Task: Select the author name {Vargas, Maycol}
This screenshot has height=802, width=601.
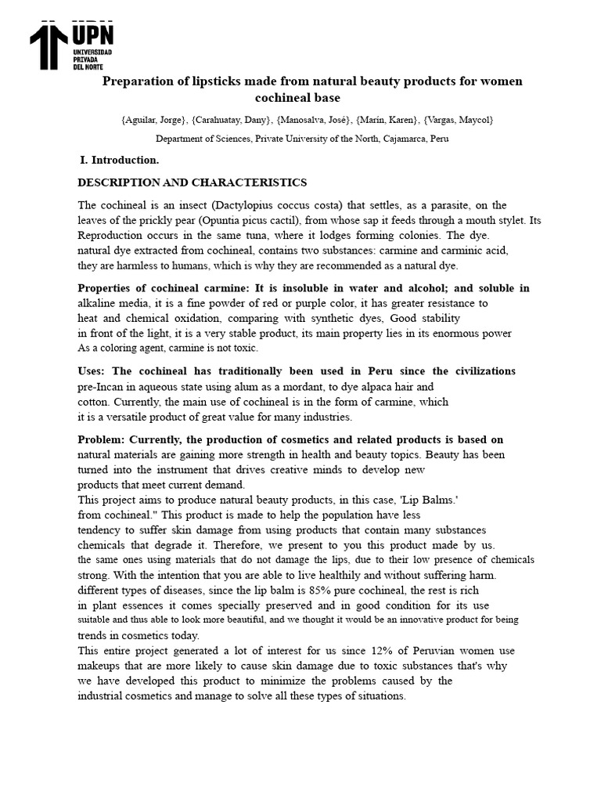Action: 458,120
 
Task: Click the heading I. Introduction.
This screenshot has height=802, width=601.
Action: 120,161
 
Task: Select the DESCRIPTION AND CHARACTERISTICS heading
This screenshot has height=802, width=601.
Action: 192,182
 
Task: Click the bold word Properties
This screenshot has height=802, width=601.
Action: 106,288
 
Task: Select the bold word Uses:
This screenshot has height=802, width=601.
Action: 92,371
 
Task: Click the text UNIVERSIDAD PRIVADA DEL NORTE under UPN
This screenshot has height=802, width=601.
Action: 92,60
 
